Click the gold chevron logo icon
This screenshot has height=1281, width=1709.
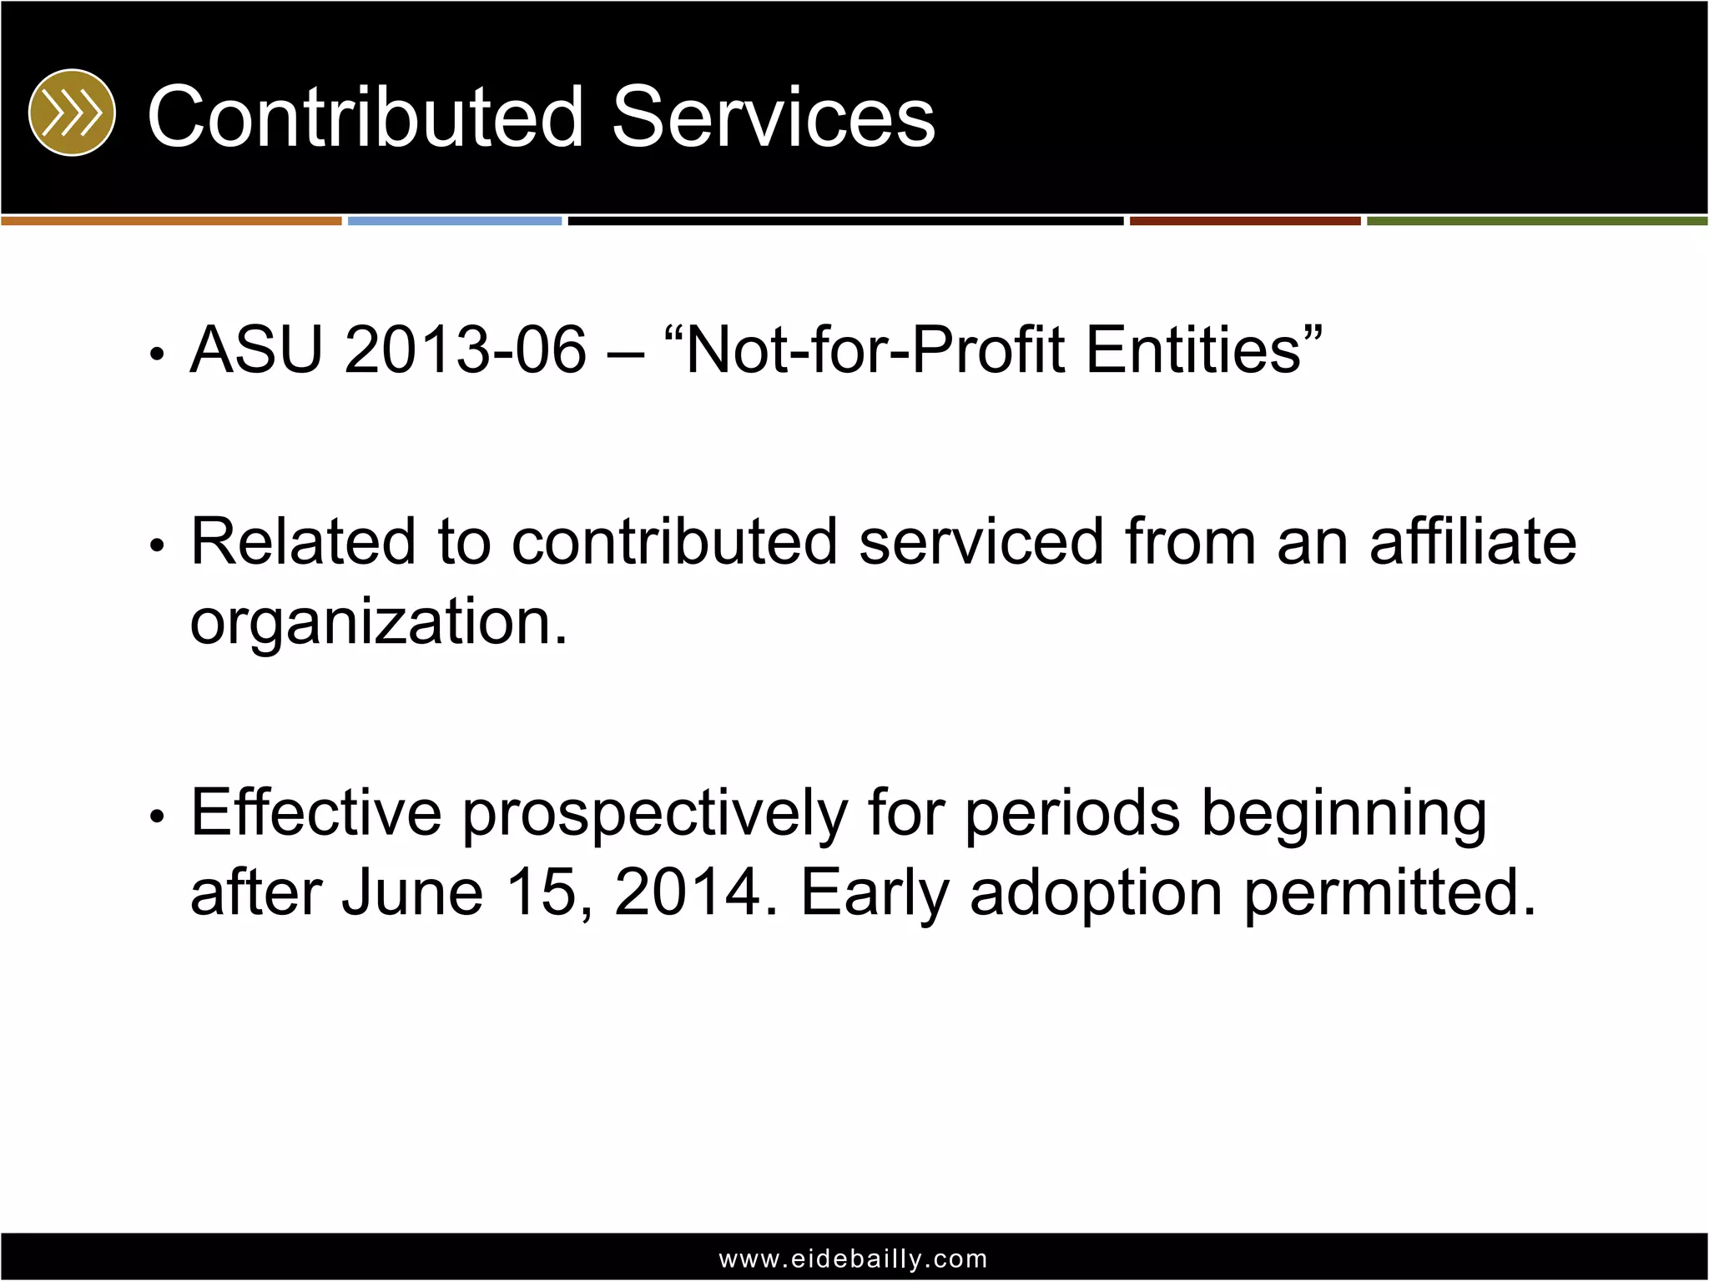[x=72, y=113]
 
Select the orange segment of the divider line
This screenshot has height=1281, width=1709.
[x=171, y=221]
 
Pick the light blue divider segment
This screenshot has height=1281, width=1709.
[x=455, y=221]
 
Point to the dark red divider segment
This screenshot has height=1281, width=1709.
[x=1245, y=221]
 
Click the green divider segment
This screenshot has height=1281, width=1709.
[x=1537, y=221]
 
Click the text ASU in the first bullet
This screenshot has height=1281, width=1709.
[x=256, y=349]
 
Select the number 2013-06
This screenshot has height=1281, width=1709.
[x=466, y=349]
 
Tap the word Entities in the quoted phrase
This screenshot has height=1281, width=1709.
[x=1193, y=349]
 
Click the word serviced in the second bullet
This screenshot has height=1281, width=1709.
[x=981, y=542]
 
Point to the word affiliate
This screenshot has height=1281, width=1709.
[x=1473, y=542]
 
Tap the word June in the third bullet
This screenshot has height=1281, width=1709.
[x=412, y=892]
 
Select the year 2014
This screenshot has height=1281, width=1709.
[x=688, y=892]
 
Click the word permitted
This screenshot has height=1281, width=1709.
[x=1389, y=892]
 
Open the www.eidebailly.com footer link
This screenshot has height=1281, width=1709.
[x=854, y=1258]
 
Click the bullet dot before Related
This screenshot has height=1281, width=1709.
[x=156, y=545]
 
